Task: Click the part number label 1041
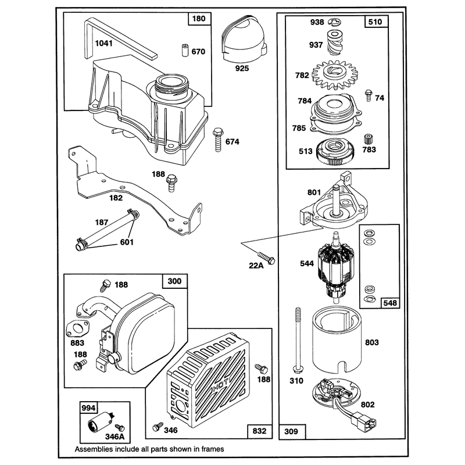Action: coord(104,43)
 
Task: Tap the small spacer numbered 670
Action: coord(185,51)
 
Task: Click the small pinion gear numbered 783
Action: coord(368,139)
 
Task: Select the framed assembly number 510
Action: coord(375,22)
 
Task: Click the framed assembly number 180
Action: coord(199,19)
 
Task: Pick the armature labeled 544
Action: coord(337,268)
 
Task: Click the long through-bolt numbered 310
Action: coord(298,340)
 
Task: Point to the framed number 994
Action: coord(89,408)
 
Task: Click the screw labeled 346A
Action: coord(120,428)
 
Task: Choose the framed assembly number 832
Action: coord(259,431)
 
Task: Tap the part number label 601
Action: coord(127,242)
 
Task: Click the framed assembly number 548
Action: coord(390,303)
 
